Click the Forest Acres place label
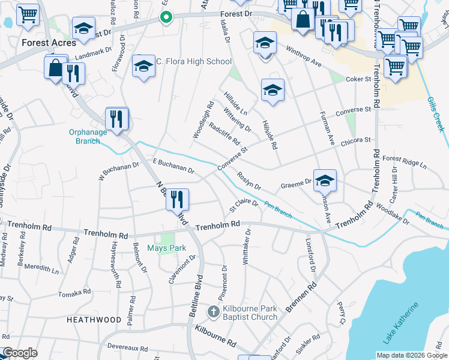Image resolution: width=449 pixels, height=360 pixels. point(49,43)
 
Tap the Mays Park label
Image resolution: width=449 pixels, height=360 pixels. point(166,248)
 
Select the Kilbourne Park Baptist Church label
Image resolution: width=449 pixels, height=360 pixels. point(250,313)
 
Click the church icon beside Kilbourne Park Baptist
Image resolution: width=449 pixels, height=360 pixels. point(213,312)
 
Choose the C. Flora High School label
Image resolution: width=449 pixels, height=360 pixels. point(194,61)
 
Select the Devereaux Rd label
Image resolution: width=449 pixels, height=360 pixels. point(127,348)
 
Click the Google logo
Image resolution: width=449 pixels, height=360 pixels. point(20,353)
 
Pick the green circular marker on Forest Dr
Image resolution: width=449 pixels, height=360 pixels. point(167,18)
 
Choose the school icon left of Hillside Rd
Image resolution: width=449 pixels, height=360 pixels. point(273,90)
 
